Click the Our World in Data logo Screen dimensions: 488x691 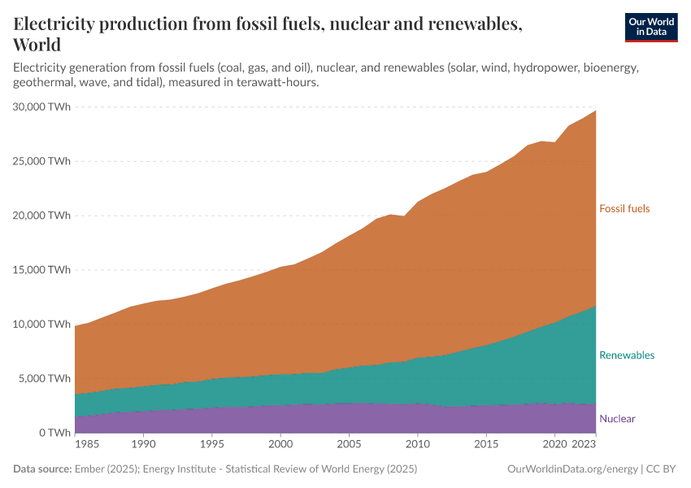coord(650,27)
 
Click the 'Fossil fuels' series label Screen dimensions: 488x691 coord(624,209)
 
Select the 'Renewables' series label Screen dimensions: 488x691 coord(626,355)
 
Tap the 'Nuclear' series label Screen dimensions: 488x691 coord(617,419)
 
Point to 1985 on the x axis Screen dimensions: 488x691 coord(88,446)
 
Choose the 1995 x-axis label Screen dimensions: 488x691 coord(212,446)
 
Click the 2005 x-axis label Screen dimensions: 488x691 coord(349,446)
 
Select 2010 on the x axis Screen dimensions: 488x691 coord(417,446)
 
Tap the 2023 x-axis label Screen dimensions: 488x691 coord(584,446)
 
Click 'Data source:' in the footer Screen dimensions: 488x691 coord(42,469)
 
